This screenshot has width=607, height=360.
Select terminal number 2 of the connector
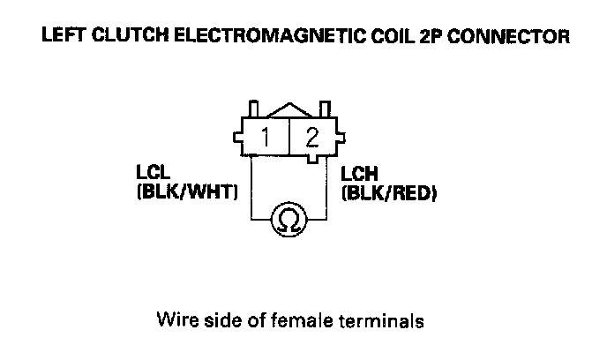pyautogui.click(x=311, y=137)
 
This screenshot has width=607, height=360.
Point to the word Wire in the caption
pyautogui.click(x=173, y=319)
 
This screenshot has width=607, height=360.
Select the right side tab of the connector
pyautogui.click(x=340, y=138)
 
